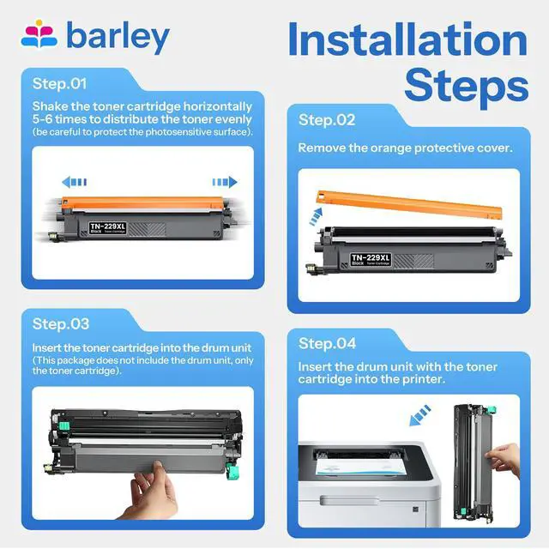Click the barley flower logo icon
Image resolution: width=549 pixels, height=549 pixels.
(x=39, y=34)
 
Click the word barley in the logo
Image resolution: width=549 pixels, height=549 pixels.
(x=118, y=38)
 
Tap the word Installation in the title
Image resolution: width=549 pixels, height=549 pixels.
(x=407, y=39)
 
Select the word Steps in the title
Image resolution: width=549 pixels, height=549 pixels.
(x=467, y=85)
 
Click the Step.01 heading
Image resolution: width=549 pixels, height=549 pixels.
(x=59, y=84)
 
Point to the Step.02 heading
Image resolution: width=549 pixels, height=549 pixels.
(x=327, y=120)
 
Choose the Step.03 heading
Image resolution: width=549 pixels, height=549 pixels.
(x=61, y=324)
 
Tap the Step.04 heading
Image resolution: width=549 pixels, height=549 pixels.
(x=327, y=343)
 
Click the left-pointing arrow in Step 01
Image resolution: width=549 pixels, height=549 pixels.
(x=75, y=182)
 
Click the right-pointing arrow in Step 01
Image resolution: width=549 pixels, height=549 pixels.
(x=225, y=182)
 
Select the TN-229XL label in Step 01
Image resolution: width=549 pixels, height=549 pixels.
(x=107, y=227)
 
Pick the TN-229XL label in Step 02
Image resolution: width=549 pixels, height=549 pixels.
(x=371, y=259)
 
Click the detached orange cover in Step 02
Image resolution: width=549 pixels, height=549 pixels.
(x=409, y=204)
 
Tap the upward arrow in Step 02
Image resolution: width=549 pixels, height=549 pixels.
(x=316, y=216)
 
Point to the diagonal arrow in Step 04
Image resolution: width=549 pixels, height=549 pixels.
(x=419, y=415)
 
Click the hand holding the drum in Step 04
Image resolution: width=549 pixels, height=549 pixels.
(x=504, y=459)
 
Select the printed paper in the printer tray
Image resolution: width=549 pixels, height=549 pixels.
(x=360, y=467)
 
